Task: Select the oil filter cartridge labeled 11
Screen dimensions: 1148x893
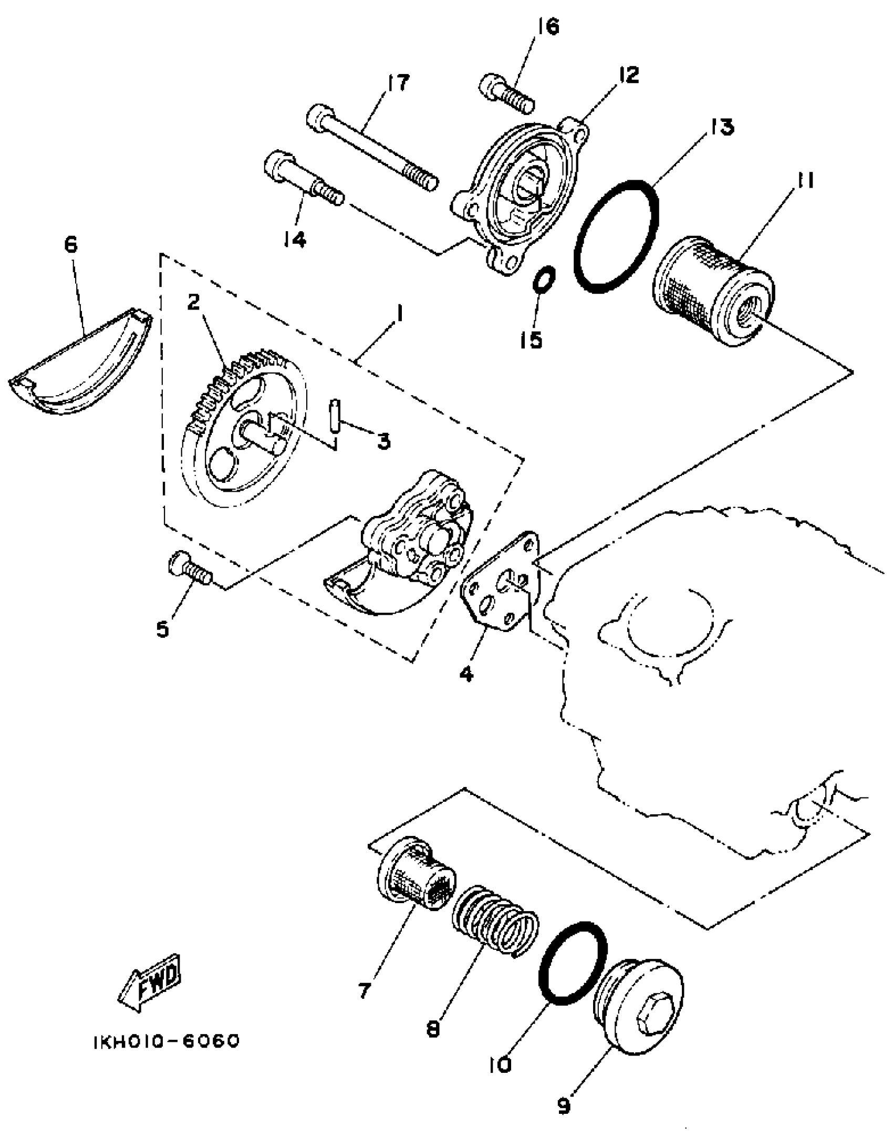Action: pyautogui.click(x=712, y=291)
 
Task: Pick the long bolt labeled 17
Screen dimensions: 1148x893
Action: pyautogui.click(x=372, y=149)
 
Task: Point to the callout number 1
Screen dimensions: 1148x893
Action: pyautogui.click(x=400, y=315)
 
